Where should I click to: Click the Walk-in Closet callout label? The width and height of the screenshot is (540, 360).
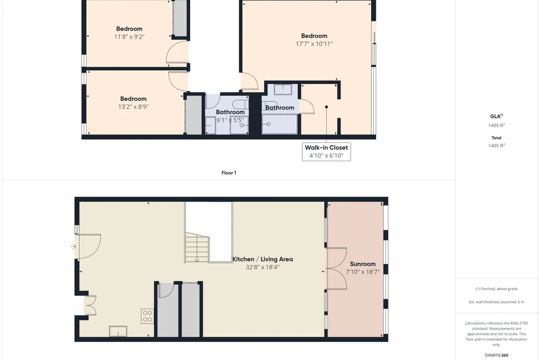coord(326,152)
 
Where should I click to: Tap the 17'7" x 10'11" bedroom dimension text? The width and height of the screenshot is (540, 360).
coord(314,44)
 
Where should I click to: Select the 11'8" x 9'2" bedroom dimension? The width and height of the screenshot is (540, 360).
coord(129,37)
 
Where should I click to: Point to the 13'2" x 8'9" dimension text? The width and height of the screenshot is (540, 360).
coord(133,107)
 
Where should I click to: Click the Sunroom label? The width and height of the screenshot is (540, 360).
coord(363,264)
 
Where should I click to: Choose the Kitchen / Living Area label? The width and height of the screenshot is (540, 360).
coord(262,259)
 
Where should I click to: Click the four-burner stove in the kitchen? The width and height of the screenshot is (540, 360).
coord(147,316)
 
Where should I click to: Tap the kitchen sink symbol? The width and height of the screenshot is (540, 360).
coord(118,331)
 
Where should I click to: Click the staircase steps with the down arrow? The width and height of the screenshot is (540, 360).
coord(197,247)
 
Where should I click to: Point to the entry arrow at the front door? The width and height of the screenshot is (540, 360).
coord(73,246)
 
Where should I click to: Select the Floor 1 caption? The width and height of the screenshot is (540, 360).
coord(229,173)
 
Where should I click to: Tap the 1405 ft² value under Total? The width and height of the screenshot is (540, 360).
coord(497,146)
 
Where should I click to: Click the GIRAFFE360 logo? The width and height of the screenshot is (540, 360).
coord(497,355)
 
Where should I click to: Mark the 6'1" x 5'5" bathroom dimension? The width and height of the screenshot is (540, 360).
coord(230,120)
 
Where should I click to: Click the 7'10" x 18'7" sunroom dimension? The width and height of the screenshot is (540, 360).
coord(363,272)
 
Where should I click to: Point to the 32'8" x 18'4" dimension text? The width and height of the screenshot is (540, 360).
coord(262,267)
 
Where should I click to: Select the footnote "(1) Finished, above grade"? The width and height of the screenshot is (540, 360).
coord(497,289)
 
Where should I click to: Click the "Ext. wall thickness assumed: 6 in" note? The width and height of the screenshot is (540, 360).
coord(497,302)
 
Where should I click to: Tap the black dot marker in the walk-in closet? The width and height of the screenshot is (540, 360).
coord(327,107)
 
